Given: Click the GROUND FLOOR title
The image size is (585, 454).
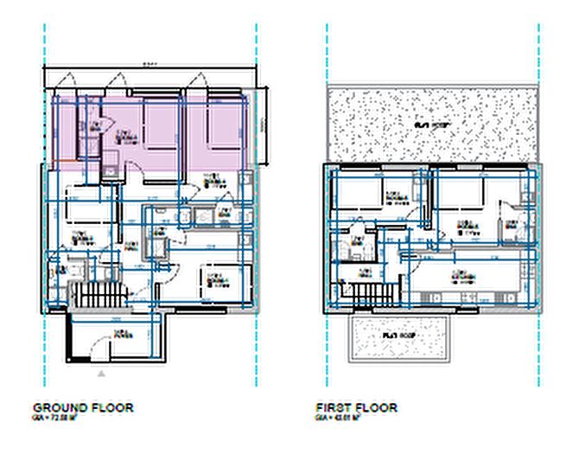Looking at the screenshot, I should click(83, 406).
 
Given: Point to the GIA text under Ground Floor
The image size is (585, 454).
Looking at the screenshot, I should click(56, 416).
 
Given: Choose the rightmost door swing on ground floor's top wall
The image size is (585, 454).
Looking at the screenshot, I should click(199, 82).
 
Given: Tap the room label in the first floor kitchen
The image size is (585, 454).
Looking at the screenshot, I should click(458, 277).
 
